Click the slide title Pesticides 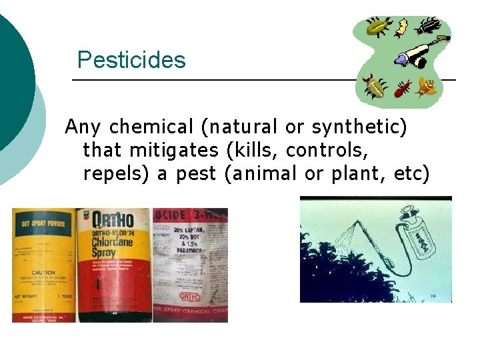(131, 60)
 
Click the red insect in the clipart (402, 88)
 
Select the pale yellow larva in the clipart (401, 27)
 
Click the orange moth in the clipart (426, 86)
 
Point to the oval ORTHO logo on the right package (190, 295)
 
